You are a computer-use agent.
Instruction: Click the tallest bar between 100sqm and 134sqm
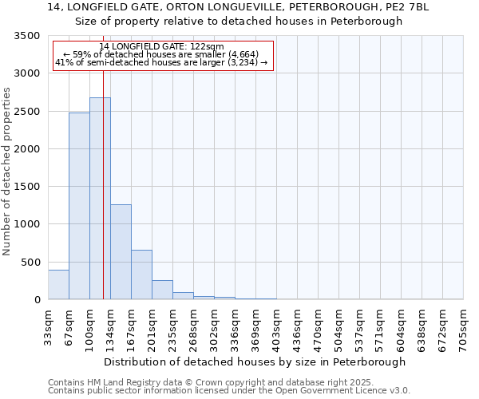(x=100, y=199)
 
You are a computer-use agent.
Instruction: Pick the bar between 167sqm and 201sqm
(x=141, y=275)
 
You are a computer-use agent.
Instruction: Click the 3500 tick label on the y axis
(x=26, y=36)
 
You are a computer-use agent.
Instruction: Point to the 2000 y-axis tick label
(x=26, y=149)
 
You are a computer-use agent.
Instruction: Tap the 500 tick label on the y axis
(x=30, y=263)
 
